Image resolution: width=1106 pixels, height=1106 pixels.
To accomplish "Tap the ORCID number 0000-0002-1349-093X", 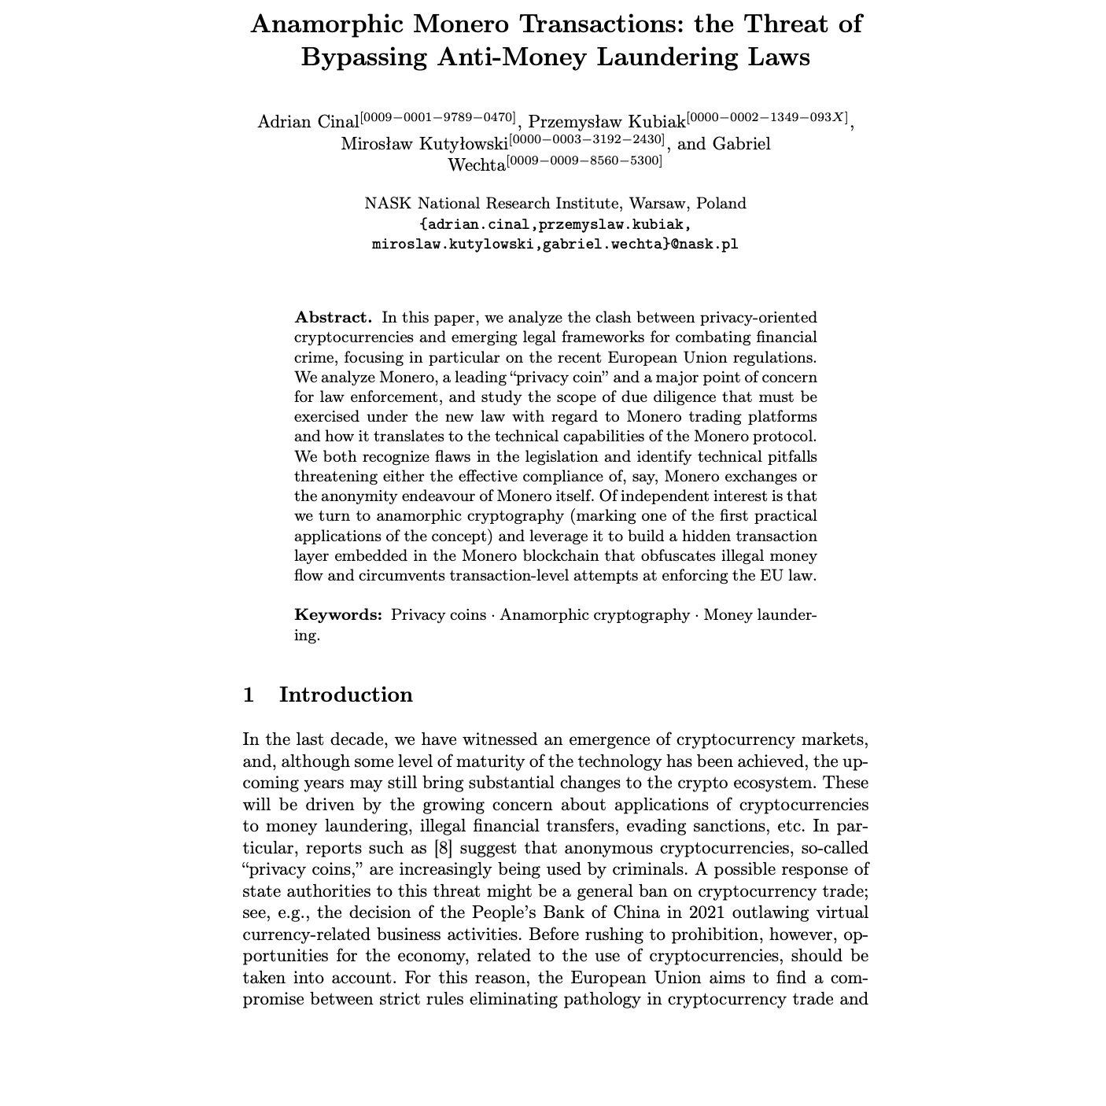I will pyautogui.click(x=768, y=118).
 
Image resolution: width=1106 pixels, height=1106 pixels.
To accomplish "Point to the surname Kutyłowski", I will pyautogui.click(x=463, y=144).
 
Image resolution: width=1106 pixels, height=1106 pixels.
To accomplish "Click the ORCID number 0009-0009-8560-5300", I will pyautogui.click(x=584, y=161).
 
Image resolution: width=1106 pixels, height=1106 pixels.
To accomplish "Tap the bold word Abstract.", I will pyautogui.click(x=332, y=318).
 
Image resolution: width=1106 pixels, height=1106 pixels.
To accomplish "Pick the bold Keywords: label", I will pyautogui.click(x=338, y=615).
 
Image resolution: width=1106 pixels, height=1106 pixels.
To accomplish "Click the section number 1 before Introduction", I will pyautogui.click(x=249, y=695).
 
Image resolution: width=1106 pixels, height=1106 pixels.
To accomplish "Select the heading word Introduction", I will pyautogui.click(x=345, y=695).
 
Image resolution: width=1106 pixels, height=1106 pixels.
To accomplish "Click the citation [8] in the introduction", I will pyautogui.click(x=443, y=848).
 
